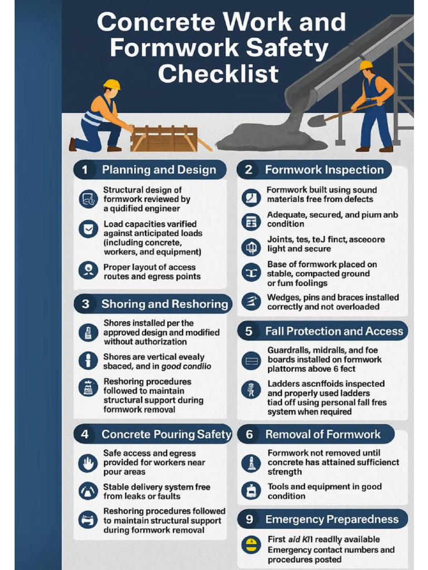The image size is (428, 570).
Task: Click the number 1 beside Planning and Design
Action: coord(85,170)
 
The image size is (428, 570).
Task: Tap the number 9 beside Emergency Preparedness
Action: coord(249,519)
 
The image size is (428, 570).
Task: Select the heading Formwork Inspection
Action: coord(324,170)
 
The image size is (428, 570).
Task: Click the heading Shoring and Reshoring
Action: coord(164,304)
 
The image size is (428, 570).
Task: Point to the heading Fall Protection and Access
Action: coord(334,331)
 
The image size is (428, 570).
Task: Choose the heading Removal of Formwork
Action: coord(323,434)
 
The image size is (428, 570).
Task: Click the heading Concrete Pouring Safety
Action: coord(166,434)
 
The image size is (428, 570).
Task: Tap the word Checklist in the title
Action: coord(218,73)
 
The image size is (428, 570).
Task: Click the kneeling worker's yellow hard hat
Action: coord(111,84)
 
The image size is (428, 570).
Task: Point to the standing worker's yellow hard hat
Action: coord(366,65)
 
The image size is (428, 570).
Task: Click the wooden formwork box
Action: coord(164,139)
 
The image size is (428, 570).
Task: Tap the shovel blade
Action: coord(316,121)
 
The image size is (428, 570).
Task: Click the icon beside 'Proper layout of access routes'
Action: coord(88,270)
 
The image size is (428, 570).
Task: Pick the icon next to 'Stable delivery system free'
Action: coord(88,491)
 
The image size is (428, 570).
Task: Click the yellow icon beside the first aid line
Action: coord(251,544)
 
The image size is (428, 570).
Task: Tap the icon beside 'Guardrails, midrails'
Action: coord(251,360)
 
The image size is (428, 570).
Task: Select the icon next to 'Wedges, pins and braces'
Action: coord(251,302)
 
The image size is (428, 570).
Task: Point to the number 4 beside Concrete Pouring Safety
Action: coord(85,434)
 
